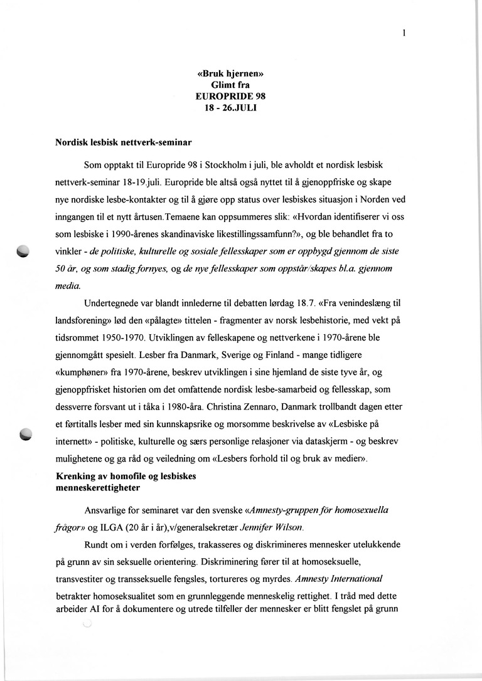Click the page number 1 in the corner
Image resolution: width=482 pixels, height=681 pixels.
coord(405,34)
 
